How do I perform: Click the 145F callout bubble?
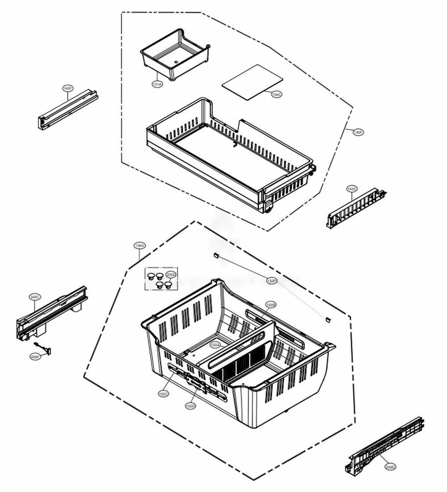(x=67, y=88)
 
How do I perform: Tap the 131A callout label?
(x=157, y=84)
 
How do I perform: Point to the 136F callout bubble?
(x=358, y=132)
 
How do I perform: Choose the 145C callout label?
(x=352, y=189)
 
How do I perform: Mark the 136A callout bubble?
(x=139, y=245)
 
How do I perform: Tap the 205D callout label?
(x=171, y=274)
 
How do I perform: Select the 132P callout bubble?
(x=271, y=281)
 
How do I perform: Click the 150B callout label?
(x=271, y=304)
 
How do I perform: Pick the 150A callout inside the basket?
(x=215, y=345)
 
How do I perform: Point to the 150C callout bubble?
(x=164, y=394)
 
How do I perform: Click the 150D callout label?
(x=190, y=406)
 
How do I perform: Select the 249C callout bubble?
(x=35, y=297)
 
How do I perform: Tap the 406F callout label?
(x=35, y=357)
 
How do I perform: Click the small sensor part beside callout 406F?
(x=45, y=349)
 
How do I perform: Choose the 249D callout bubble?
(x=390, y=467)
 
